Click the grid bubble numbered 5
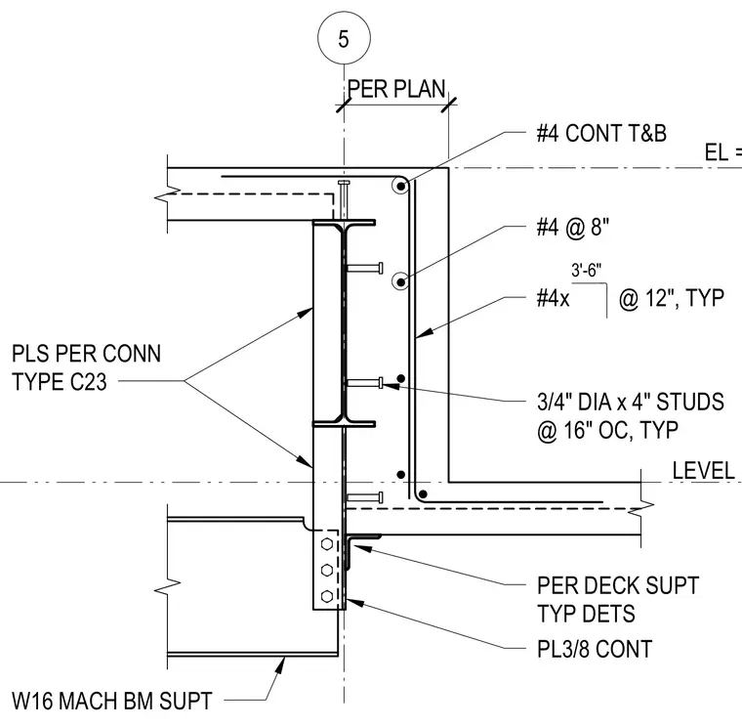point(344,38)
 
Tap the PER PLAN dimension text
point(396,89)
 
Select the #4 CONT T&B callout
point(601,133)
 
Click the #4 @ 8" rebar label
point(572,228)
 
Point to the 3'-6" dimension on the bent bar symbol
point(587,270)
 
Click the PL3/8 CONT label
point(595,649)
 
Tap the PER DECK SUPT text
point(618,586)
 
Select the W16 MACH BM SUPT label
point(112,701)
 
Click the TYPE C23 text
point(60,382)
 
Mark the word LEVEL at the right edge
point(704,471)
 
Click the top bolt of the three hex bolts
point(326,544)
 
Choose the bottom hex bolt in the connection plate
point(326,596)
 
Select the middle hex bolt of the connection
point(326,571)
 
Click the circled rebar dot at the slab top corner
point(401,186)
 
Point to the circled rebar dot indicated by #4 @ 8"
point(401,282)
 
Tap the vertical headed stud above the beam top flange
point(344,200)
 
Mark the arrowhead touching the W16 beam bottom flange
point(281,665)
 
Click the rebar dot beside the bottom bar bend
point(423,494)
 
